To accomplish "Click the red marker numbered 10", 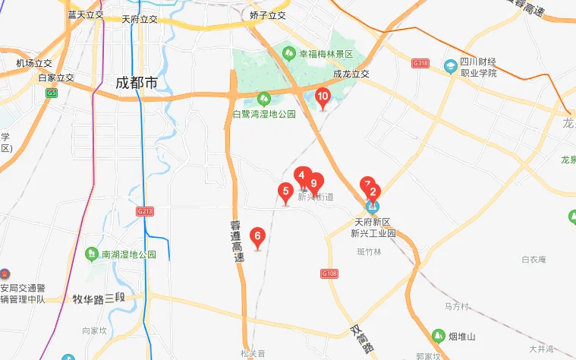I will click(323, 97).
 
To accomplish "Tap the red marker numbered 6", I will click(257, 236).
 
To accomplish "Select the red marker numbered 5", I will click(285, 191).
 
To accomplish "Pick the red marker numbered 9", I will click(313, 183).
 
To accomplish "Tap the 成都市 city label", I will click(137, 83).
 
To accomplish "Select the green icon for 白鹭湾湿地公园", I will click(263, 99).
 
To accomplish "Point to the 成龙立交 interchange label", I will click(351, 74).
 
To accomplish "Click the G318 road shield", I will click(420, 63).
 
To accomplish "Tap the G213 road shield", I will click(145, 210).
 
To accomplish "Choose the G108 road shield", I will click(329, 273).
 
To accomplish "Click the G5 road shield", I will click(51, 93).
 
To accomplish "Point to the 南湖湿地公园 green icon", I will click(92, 253).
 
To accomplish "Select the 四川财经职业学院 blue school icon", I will click(451, 68).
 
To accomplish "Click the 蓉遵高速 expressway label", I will click(238, 242).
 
